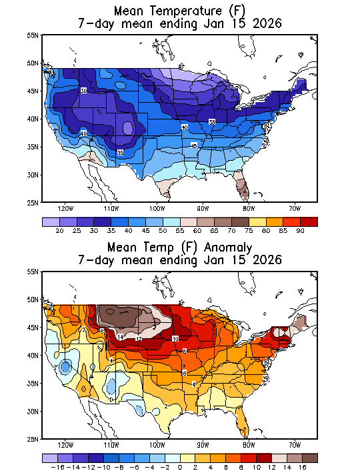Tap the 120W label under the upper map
65,207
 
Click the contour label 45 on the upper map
194,145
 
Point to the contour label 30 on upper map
84,90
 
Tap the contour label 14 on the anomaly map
121,338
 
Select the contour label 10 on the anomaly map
175,339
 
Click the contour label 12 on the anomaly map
139,339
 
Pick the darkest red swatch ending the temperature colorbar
309,221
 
